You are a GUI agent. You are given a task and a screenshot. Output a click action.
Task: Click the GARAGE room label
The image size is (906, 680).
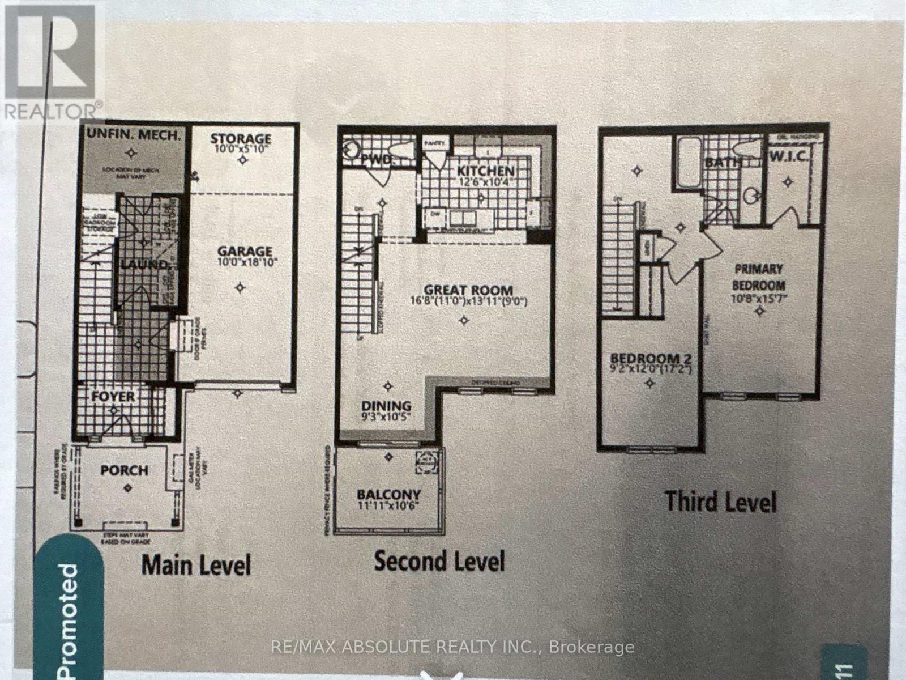pyautogui.click(x=245, y=250)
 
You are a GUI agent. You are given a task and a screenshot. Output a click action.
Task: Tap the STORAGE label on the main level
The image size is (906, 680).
pyautogui.click(x=241, y=138)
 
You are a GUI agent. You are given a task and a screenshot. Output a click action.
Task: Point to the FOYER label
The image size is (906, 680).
pyautogui.click(x=113, y=396)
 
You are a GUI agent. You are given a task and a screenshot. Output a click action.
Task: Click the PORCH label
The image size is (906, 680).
pyautogui.click(x=125, y=470)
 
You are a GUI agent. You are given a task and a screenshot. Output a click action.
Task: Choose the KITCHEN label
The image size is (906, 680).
pyautogui.click(x=486, y=171)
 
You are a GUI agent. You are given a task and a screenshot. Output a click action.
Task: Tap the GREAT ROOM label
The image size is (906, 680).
pyautogui.click(x=468, y=290)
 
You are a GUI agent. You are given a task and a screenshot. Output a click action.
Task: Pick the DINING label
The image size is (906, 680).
pyautogui.click(x=387, y=406)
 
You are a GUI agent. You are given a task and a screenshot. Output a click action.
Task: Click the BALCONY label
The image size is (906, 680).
pyautogui.click(x=388, y=494)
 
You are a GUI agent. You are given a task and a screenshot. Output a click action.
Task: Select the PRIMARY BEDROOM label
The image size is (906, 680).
pyautogui.click(x=759, y=277)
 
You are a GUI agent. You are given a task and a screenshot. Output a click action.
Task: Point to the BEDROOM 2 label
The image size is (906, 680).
pyautogui.click(x=650, y=359)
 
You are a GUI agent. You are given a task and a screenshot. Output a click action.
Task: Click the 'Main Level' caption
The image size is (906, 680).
pyautogui.click(x=196, y=565)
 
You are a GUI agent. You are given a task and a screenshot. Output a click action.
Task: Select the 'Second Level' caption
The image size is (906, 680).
pyautogui.click(x=439, y=561)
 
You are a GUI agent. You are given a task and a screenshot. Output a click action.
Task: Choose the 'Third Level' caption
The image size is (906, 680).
pyautogui.click(x=720, y=501)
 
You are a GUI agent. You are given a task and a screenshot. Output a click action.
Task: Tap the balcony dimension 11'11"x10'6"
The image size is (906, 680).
pyautogui.click(x=389, y=505)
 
